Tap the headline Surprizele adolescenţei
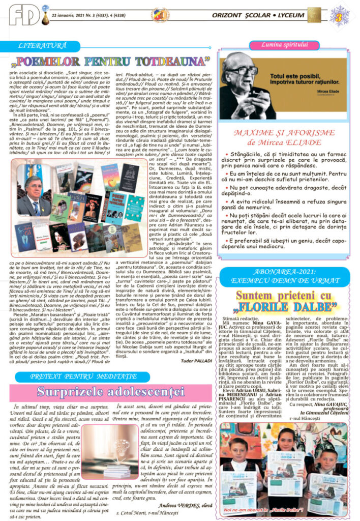(x=110, y=392)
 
